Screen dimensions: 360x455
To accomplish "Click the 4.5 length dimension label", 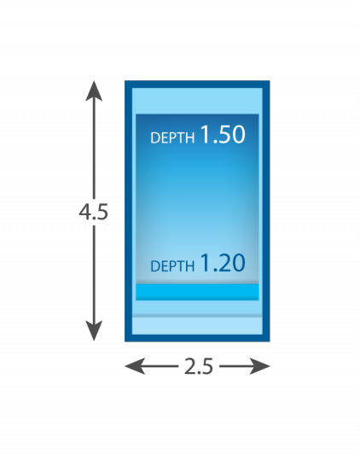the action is coord(93,212).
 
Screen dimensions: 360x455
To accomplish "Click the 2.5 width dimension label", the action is coord(199,366).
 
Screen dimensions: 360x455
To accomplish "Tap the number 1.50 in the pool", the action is coord(223,135).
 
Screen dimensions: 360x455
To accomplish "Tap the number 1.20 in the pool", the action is coord(223,263).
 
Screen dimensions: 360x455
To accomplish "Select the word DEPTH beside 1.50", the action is coord(172,137).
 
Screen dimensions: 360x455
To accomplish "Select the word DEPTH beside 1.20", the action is coord(172,266).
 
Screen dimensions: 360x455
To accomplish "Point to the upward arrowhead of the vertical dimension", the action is coord(94,90).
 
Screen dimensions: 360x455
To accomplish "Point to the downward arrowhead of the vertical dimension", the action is coord(94,331).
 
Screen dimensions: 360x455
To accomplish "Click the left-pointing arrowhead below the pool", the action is coord(135,366).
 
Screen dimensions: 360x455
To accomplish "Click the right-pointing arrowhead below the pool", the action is coord(260,366).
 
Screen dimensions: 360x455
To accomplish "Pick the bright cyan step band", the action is coord(197,292).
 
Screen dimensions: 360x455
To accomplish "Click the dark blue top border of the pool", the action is coord(197,85).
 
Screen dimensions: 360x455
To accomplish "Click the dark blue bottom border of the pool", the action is coord(197,338).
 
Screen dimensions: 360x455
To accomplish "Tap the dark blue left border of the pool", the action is coord(128,211).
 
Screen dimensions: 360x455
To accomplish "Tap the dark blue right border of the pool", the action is coord(266,211).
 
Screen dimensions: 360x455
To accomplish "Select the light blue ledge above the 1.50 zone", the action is coord(197,101).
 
